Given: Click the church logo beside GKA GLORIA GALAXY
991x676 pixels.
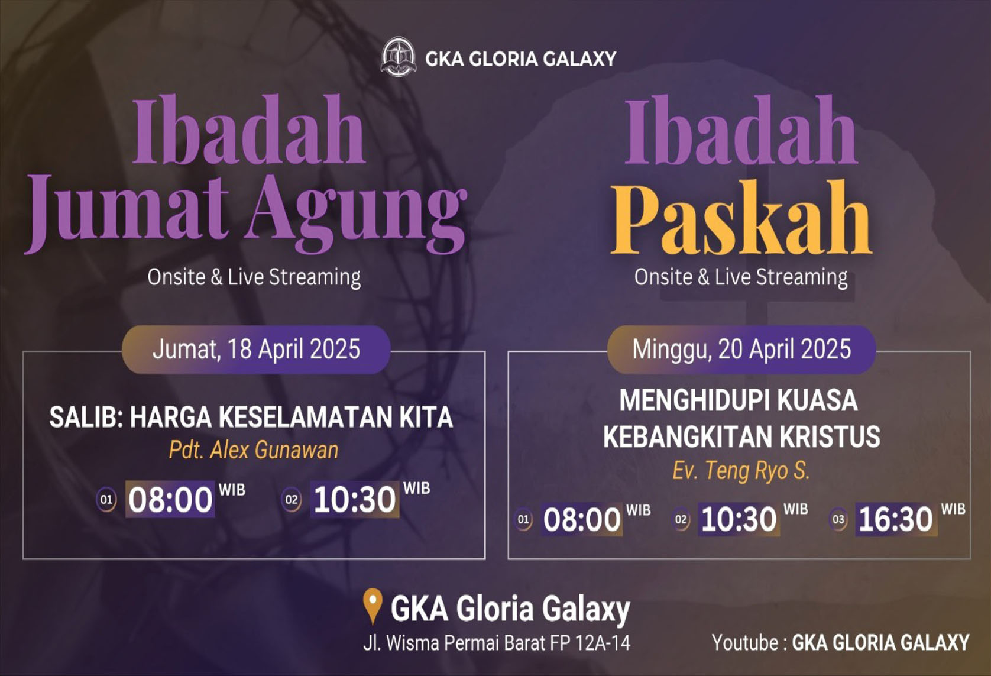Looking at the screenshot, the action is coord(398,57).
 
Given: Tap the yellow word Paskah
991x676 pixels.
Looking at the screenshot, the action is coord(741,218).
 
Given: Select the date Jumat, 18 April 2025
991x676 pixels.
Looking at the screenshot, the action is coord(256,349).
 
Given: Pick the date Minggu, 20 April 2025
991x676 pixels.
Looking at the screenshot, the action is coord(741,349).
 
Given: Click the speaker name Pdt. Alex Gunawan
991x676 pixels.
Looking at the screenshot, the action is coord(254,450).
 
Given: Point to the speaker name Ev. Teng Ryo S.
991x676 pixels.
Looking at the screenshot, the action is coord(741,470).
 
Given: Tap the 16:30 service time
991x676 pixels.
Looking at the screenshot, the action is coord(896,519).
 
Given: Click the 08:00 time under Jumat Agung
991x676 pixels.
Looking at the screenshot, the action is coord(170,500).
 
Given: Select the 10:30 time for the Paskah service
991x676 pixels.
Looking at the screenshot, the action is coord(739,519).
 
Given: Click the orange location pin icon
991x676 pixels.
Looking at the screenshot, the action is coord(373,606).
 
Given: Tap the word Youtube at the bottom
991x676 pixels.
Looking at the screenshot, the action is coord(746,642).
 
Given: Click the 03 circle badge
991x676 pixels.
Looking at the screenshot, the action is coord(838,519).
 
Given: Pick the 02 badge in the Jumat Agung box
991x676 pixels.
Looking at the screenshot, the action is coord(292,500).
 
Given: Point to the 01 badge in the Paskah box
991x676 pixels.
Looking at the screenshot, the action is coord(523,519).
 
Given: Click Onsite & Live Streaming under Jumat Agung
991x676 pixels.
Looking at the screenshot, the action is coord(254,277).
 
